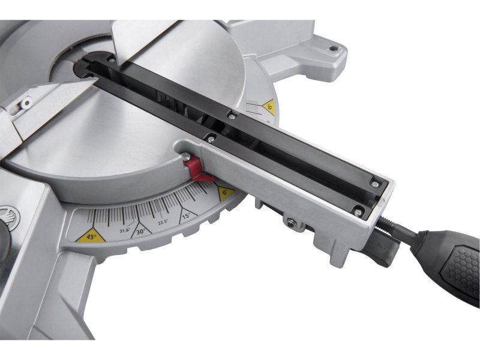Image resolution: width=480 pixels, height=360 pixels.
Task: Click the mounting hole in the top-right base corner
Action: point(332,46)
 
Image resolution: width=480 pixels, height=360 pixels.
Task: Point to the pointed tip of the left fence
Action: point(90,85)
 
